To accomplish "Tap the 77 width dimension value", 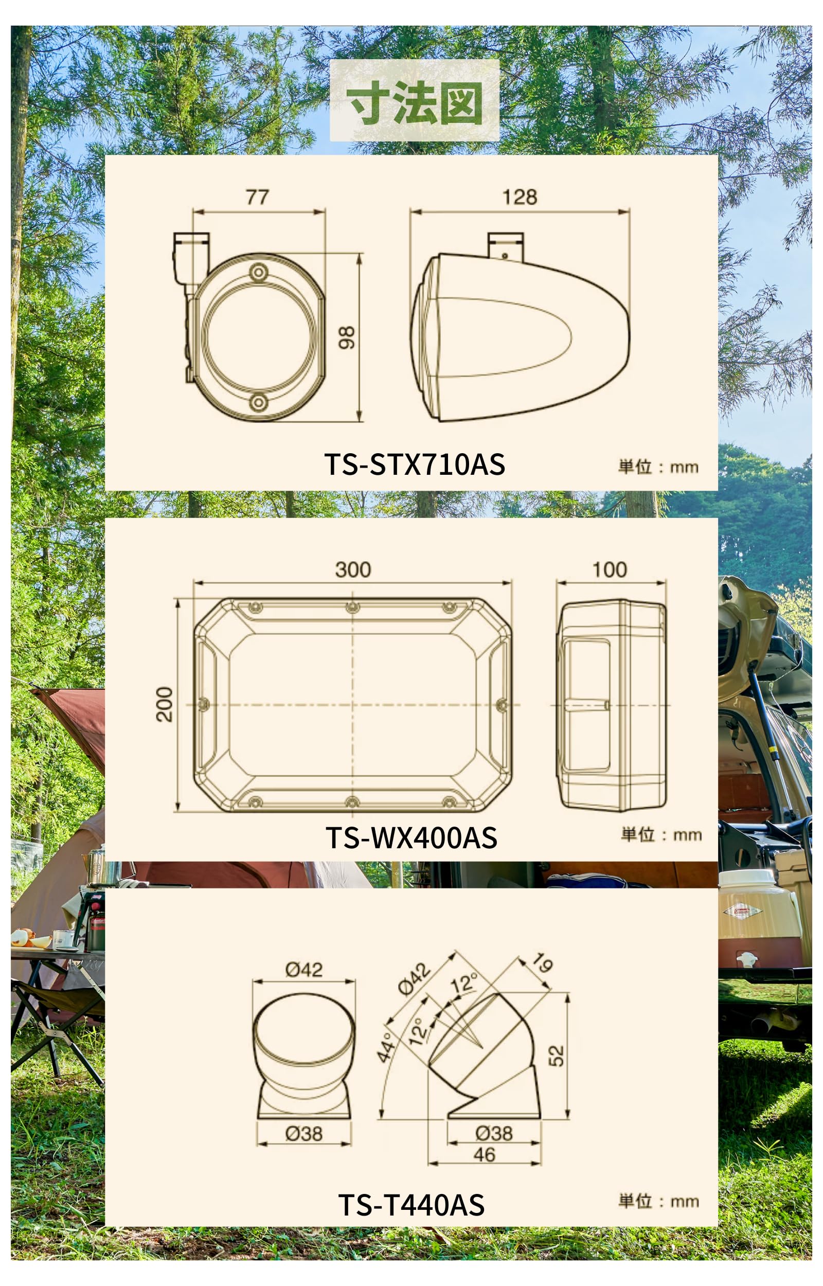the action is coord(257,197).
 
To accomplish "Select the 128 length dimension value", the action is coord(520,197).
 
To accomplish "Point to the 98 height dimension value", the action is coord(347,337).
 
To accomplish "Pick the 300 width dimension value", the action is coord(353,569).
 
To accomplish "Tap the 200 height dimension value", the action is coord(165,704).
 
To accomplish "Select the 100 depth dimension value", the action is coord(610,569).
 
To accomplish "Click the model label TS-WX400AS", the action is coord(411,837).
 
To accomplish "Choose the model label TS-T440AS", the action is coord(411,1205).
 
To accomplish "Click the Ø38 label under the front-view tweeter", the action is coord(303,1133).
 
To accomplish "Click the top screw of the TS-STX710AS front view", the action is coord(259,273).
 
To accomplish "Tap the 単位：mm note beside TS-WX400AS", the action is coord(661,834).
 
